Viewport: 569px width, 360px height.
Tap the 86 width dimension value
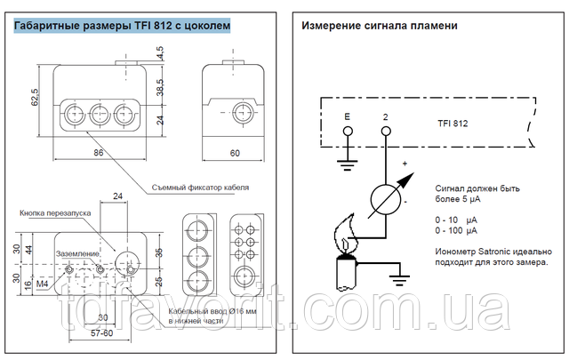(98, 153)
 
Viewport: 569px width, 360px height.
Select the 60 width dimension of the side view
(236, 153)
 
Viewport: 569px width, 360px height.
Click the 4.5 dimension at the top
(160, 54)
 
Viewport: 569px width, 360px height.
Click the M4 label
(43, 283)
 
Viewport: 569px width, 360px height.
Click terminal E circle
(348, 132)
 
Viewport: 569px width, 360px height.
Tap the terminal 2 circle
(385, 132)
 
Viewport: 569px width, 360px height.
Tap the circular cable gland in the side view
(236, 111)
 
